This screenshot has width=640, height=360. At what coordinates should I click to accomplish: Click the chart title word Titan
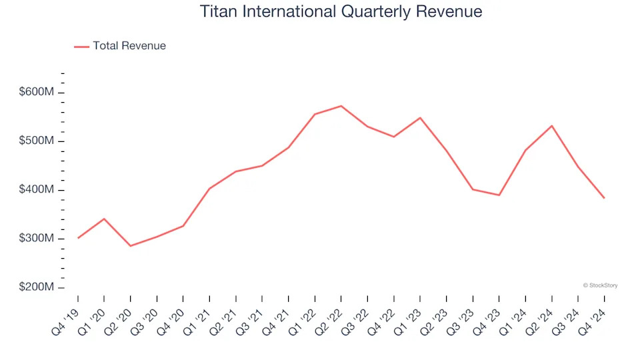tap(219, 11)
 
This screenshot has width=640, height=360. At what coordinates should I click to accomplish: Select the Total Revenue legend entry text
tap(129, 46)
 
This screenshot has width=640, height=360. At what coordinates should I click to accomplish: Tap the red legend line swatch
tap(81, 47)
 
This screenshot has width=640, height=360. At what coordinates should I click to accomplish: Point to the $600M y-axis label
tap(37, 92)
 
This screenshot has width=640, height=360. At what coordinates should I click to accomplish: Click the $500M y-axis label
tap(37, 141)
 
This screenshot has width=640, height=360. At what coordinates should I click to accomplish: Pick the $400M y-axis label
tap(37, 190)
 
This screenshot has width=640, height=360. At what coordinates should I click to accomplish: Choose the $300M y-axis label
tap(37, 239)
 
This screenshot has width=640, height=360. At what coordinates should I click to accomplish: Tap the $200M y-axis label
tap(37, 287)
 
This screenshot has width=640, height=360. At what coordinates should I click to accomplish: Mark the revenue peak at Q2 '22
tap(341, 106)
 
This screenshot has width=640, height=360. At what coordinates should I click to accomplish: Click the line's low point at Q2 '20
tap(130, 246)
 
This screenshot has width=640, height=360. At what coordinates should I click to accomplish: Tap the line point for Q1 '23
tap(420, 118)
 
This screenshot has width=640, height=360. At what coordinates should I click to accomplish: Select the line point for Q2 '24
tap(551, 125)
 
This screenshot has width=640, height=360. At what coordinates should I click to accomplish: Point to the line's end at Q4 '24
tap(604, 198)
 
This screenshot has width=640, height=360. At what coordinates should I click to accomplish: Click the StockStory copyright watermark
tap(600, 285)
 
